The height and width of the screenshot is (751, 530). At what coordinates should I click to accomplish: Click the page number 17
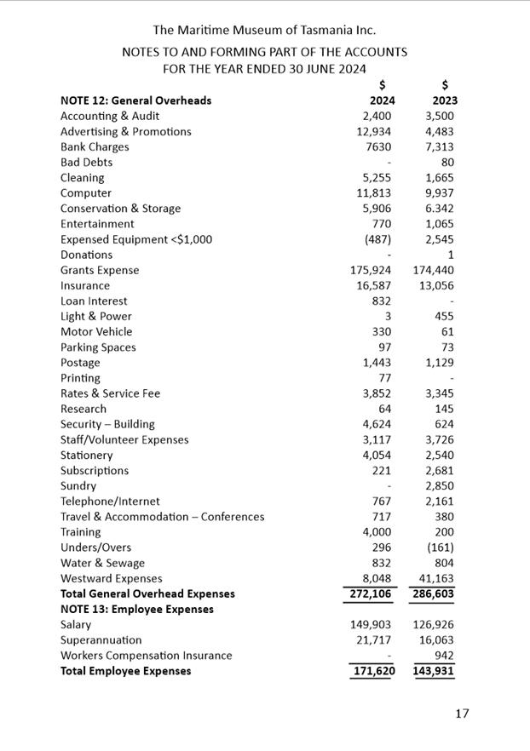coord(461,714)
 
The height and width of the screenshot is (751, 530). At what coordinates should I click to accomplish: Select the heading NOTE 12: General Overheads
coord(135,100)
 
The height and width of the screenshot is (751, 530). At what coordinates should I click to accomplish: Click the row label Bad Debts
coord(86,162)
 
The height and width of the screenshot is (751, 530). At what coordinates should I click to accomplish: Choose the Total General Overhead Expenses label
coord(147,593)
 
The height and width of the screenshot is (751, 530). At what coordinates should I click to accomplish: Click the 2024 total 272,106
coord(371,593)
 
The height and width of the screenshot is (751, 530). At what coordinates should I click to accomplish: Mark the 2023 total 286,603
coord(434,593)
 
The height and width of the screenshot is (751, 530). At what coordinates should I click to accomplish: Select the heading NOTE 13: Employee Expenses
coord(136,609)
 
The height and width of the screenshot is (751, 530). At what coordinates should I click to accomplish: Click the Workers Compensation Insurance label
coord(146,656)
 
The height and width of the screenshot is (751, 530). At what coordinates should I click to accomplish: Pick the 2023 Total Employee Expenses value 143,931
coord(434,671)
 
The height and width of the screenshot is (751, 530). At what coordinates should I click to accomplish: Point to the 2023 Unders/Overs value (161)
coord(439,547)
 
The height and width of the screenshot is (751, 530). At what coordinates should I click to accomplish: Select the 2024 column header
coord(383,100)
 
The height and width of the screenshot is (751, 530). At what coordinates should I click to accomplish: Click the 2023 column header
coord(445,100)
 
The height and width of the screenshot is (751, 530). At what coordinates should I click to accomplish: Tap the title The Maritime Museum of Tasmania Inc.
coord(264,31)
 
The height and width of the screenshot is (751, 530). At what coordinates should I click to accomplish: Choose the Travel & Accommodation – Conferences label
coord(162,517)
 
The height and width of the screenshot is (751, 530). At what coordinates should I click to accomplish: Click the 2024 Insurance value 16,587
coord(374,285)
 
